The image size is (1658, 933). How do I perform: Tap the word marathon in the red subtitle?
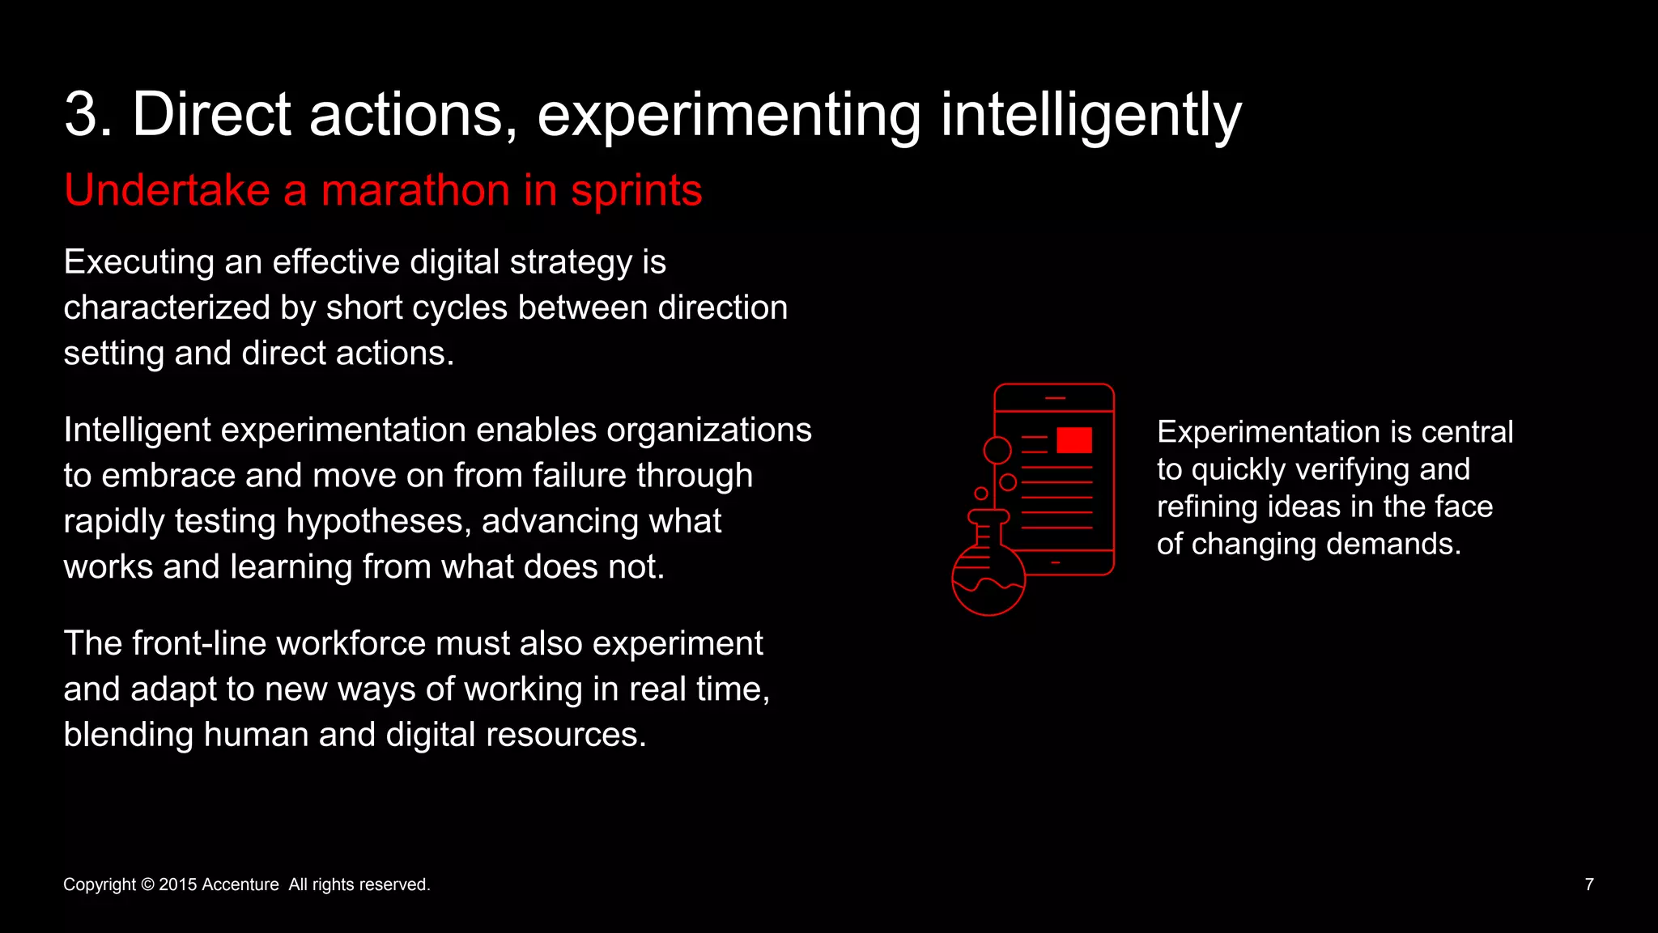point(415,191)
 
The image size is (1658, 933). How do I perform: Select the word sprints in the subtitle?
point(636,191)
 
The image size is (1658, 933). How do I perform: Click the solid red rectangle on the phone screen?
point(1074,440)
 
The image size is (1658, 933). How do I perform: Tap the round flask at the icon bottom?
point(988,579)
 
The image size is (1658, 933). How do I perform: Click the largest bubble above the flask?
point(997,450)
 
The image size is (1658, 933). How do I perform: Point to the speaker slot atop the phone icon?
point(1055,398)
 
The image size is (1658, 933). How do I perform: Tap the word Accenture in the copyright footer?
point(240,884)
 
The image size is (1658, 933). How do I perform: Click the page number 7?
point(1588,884)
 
